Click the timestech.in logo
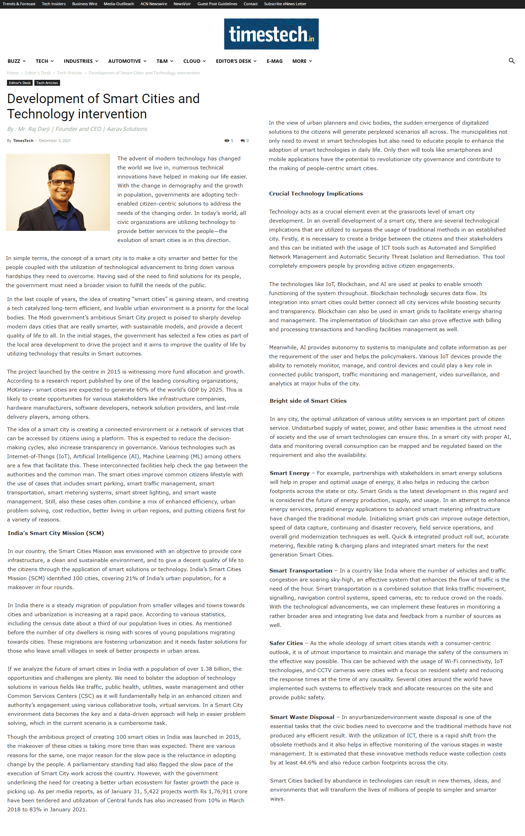pyautogui.click(x=271, y=34)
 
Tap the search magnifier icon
pyautogui.click(x=511, y=61)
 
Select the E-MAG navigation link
pyautogui.click(x=274, y=61)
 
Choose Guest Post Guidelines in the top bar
pyautogui.click(x=217, y=4)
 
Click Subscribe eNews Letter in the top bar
pyautogui.click(x=285, y=4)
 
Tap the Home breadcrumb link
pyautogui.click(x=13, y=73)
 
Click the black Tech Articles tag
pyautogui.click(x=47, y=83)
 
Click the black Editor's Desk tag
pyautogui.click(x=20, y=83)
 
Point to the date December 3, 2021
pyautogui.click(x=55, y=141)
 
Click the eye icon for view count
pyautogui.click(x=227, y=141)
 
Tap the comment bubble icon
pyautogui.click(x=243, y=141)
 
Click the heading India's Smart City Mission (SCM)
pyautogui.click(x=56, y=533)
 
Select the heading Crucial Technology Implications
pyautogui.click(x=316, y=194)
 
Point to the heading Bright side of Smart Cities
pyautogui.click(x=308, y=401)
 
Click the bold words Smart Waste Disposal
pyautogui.click(x=302, y=717)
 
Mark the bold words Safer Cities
pyautogui.click(x=286, y=643)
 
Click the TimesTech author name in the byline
pyautogui.click(x=23, y=141)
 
